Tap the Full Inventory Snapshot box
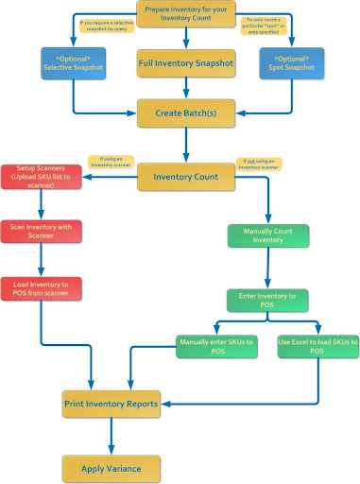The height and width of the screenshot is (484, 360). point(185,63)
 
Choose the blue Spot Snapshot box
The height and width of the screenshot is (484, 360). point(292,62)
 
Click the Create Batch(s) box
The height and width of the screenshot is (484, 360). point(185,113)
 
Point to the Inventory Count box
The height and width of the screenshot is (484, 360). point(185,176)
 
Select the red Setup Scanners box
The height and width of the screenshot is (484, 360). point(42,176)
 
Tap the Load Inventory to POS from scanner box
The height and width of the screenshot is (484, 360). point(42,287)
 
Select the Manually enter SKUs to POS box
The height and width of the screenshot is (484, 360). point(216,346)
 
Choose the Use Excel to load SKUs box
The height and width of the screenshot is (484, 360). point(313,346)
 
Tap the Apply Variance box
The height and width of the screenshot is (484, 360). point(111,466)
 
